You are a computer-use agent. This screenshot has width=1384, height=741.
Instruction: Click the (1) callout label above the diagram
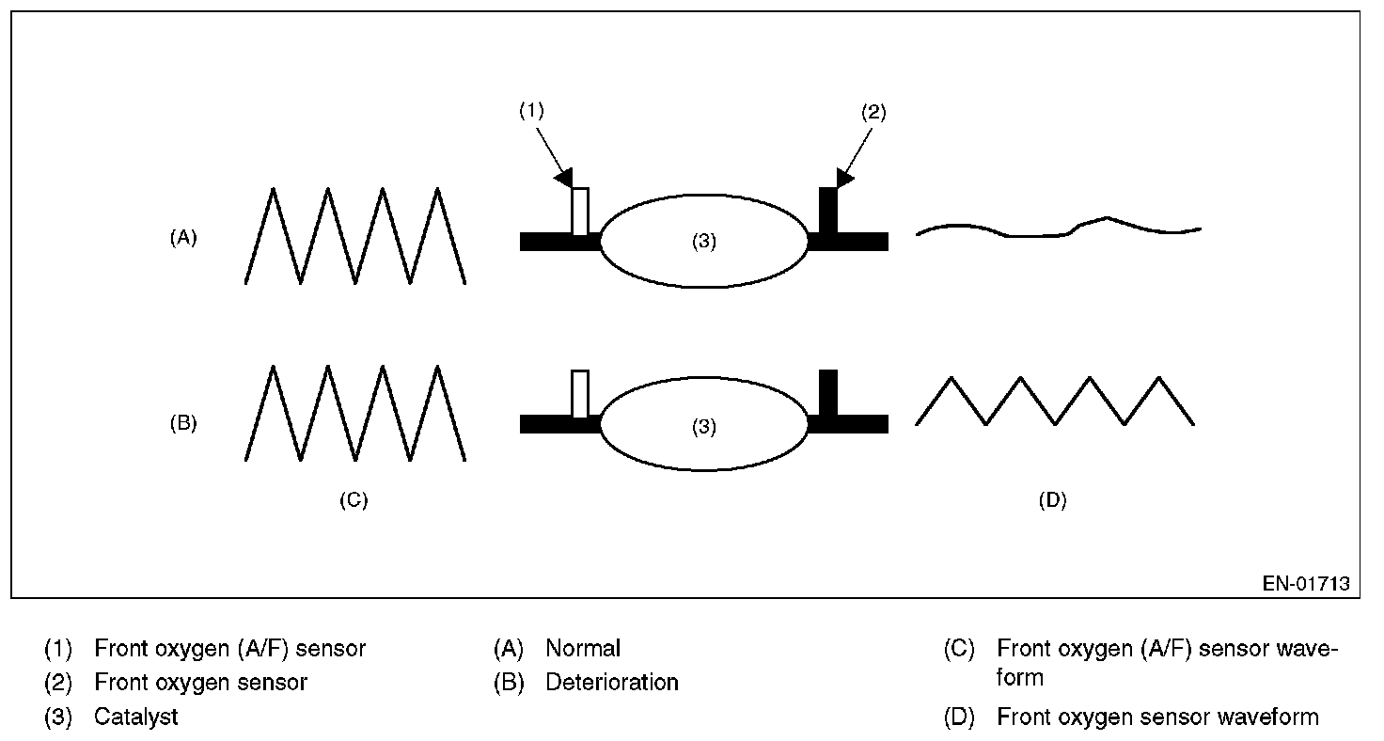531,111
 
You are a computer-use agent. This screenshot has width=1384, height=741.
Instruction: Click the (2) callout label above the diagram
873,112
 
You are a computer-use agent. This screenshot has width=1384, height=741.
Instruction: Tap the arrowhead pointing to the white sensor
564,177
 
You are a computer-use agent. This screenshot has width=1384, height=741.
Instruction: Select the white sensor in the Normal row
580,211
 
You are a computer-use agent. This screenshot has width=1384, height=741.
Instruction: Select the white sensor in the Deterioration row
580,393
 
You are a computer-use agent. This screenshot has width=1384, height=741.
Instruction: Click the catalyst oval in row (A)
704,241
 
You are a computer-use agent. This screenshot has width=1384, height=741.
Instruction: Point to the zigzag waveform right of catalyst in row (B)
1055,402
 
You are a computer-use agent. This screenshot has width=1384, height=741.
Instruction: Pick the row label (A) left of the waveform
183,238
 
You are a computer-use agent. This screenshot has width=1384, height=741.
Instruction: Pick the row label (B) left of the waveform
183,422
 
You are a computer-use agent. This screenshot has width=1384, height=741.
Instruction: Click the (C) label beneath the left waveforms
354,500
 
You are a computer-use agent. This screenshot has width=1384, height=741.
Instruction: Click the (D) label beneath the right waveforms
1052,500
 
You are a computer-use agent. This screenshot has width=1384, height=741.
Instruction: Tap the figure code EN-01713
1306,584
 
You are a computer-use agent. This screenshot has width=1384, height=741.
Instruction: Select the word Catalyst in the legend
136,717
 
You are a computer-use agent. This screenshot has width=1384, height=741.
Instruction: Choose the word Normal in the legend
583,648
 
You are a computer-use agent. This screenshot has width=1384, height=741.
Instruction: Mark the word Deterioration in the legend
612,682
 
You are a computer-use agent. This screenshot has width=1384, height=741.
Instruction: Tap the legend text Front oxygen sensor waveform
1157,717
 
